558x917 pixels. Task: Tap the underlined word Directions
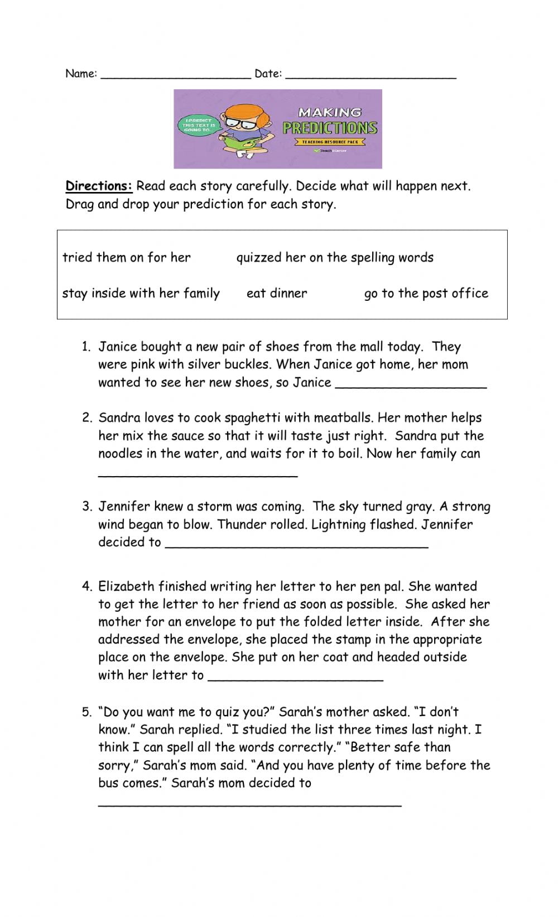click(x=99, y=186)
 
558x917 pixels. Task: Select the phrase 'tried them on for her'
click(x=127, y=257)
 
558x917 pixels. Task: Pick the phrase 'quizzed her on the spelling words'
click(x=335, y=257)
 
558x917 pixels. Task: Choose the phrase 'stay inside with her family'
click(x=141, y=293)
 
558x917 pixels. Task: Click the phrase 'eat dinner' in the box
click(x=277, y=293)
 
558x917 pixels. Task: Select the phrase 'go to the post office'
click(x=426, y=293)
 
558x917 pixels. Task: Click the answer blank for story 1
click(x=411, y=383)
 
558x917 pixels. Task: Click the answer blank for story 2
click(x=198, y=473)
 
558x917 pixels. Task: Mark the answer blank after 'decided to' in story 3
click(x=297, y=544)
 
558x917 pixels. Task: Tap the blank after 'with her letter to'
click(x=295, y=676)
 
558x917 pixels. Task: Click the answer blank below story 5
click(x=249, y=802)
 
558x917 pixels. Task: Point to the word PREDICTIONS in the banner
click(x=330, y=128)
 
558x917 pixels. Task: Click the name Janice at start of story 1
click(x=117, y=347)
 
